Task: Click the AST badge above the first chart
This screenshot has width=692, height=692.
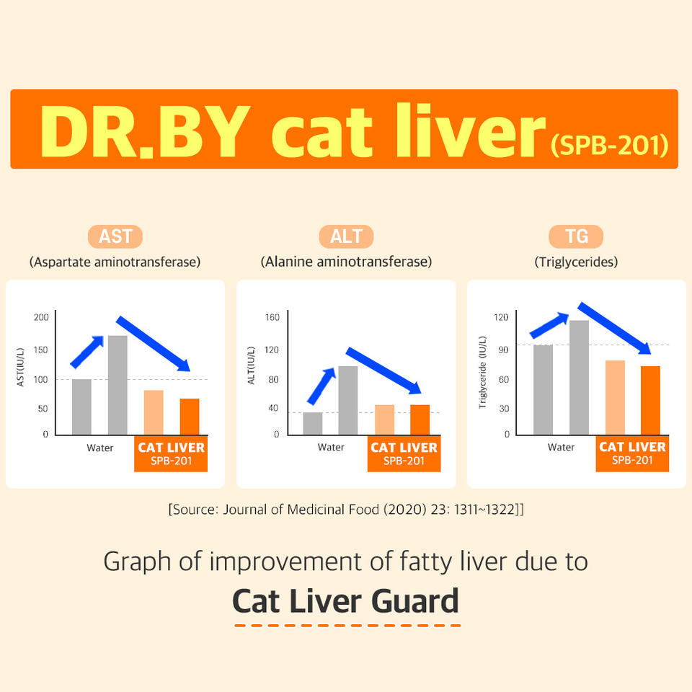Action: pyautogui.click(x=115, y=236)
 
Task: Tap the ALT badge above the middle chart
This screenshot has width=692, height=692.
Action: pyautogui.click(x=346, y=236)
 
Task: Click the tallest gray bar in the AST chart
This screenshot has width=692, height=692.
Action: pyautogui.click(x=117, y=385)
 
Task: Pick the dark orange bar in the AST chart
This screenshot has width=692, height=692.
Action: pyautogui.click(x=190, y=416)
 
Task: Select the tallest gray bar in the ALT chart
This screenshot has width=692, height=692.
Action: pyautogui.click(x=348, y=400)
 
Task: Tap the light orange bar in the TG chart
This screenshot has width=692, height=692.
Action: pyautogui.click(x=615, y=397)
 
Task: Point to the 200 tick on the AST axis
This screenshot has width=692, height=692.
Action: pyautogui.click(x=40, y=318)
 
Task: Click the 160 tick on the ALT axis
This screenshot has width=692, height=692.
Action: pyautogui.click(x=272, y=318)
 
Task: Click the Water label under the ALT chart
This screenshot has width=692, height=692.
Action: pyautogui.click(x=331, y=448)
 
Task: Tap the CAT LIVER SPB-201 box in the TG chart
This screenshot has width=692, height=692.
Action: pyautogui.click(x=632, y=454)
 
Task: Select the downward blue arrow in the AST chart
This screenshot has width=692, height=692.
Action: pyautogui.click(x=154, y=343)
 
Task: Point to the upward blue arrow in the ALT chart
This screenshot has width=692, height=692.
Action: pyautogui.click(x=321, y=386)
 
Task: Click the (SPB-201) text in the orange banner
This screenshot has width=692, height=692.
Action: pyautogui.click(x=609, y=144)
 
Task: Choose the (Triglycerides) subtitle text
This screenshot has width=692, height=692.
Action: pyautogui.click(x=576, y=262)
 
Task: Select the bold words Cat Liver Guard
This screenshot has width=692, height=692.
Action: pyautogui.click(x=346, y=600)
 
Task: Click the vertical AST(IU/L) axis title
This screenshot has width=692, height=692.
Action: pyautogui.click(x=21, y=367)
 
